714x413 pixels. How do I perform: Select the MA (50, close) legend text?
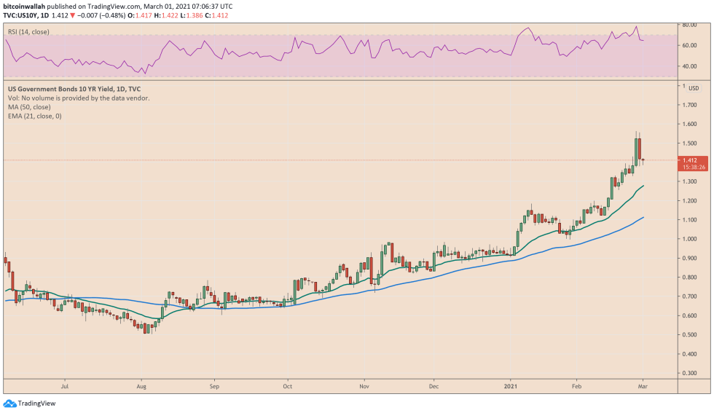tap(30, 107)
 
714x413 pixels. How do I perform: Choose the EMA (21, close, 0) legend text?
tap(34, 116)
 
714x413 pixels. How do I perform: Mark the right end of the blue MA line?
tap(643, 217)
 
